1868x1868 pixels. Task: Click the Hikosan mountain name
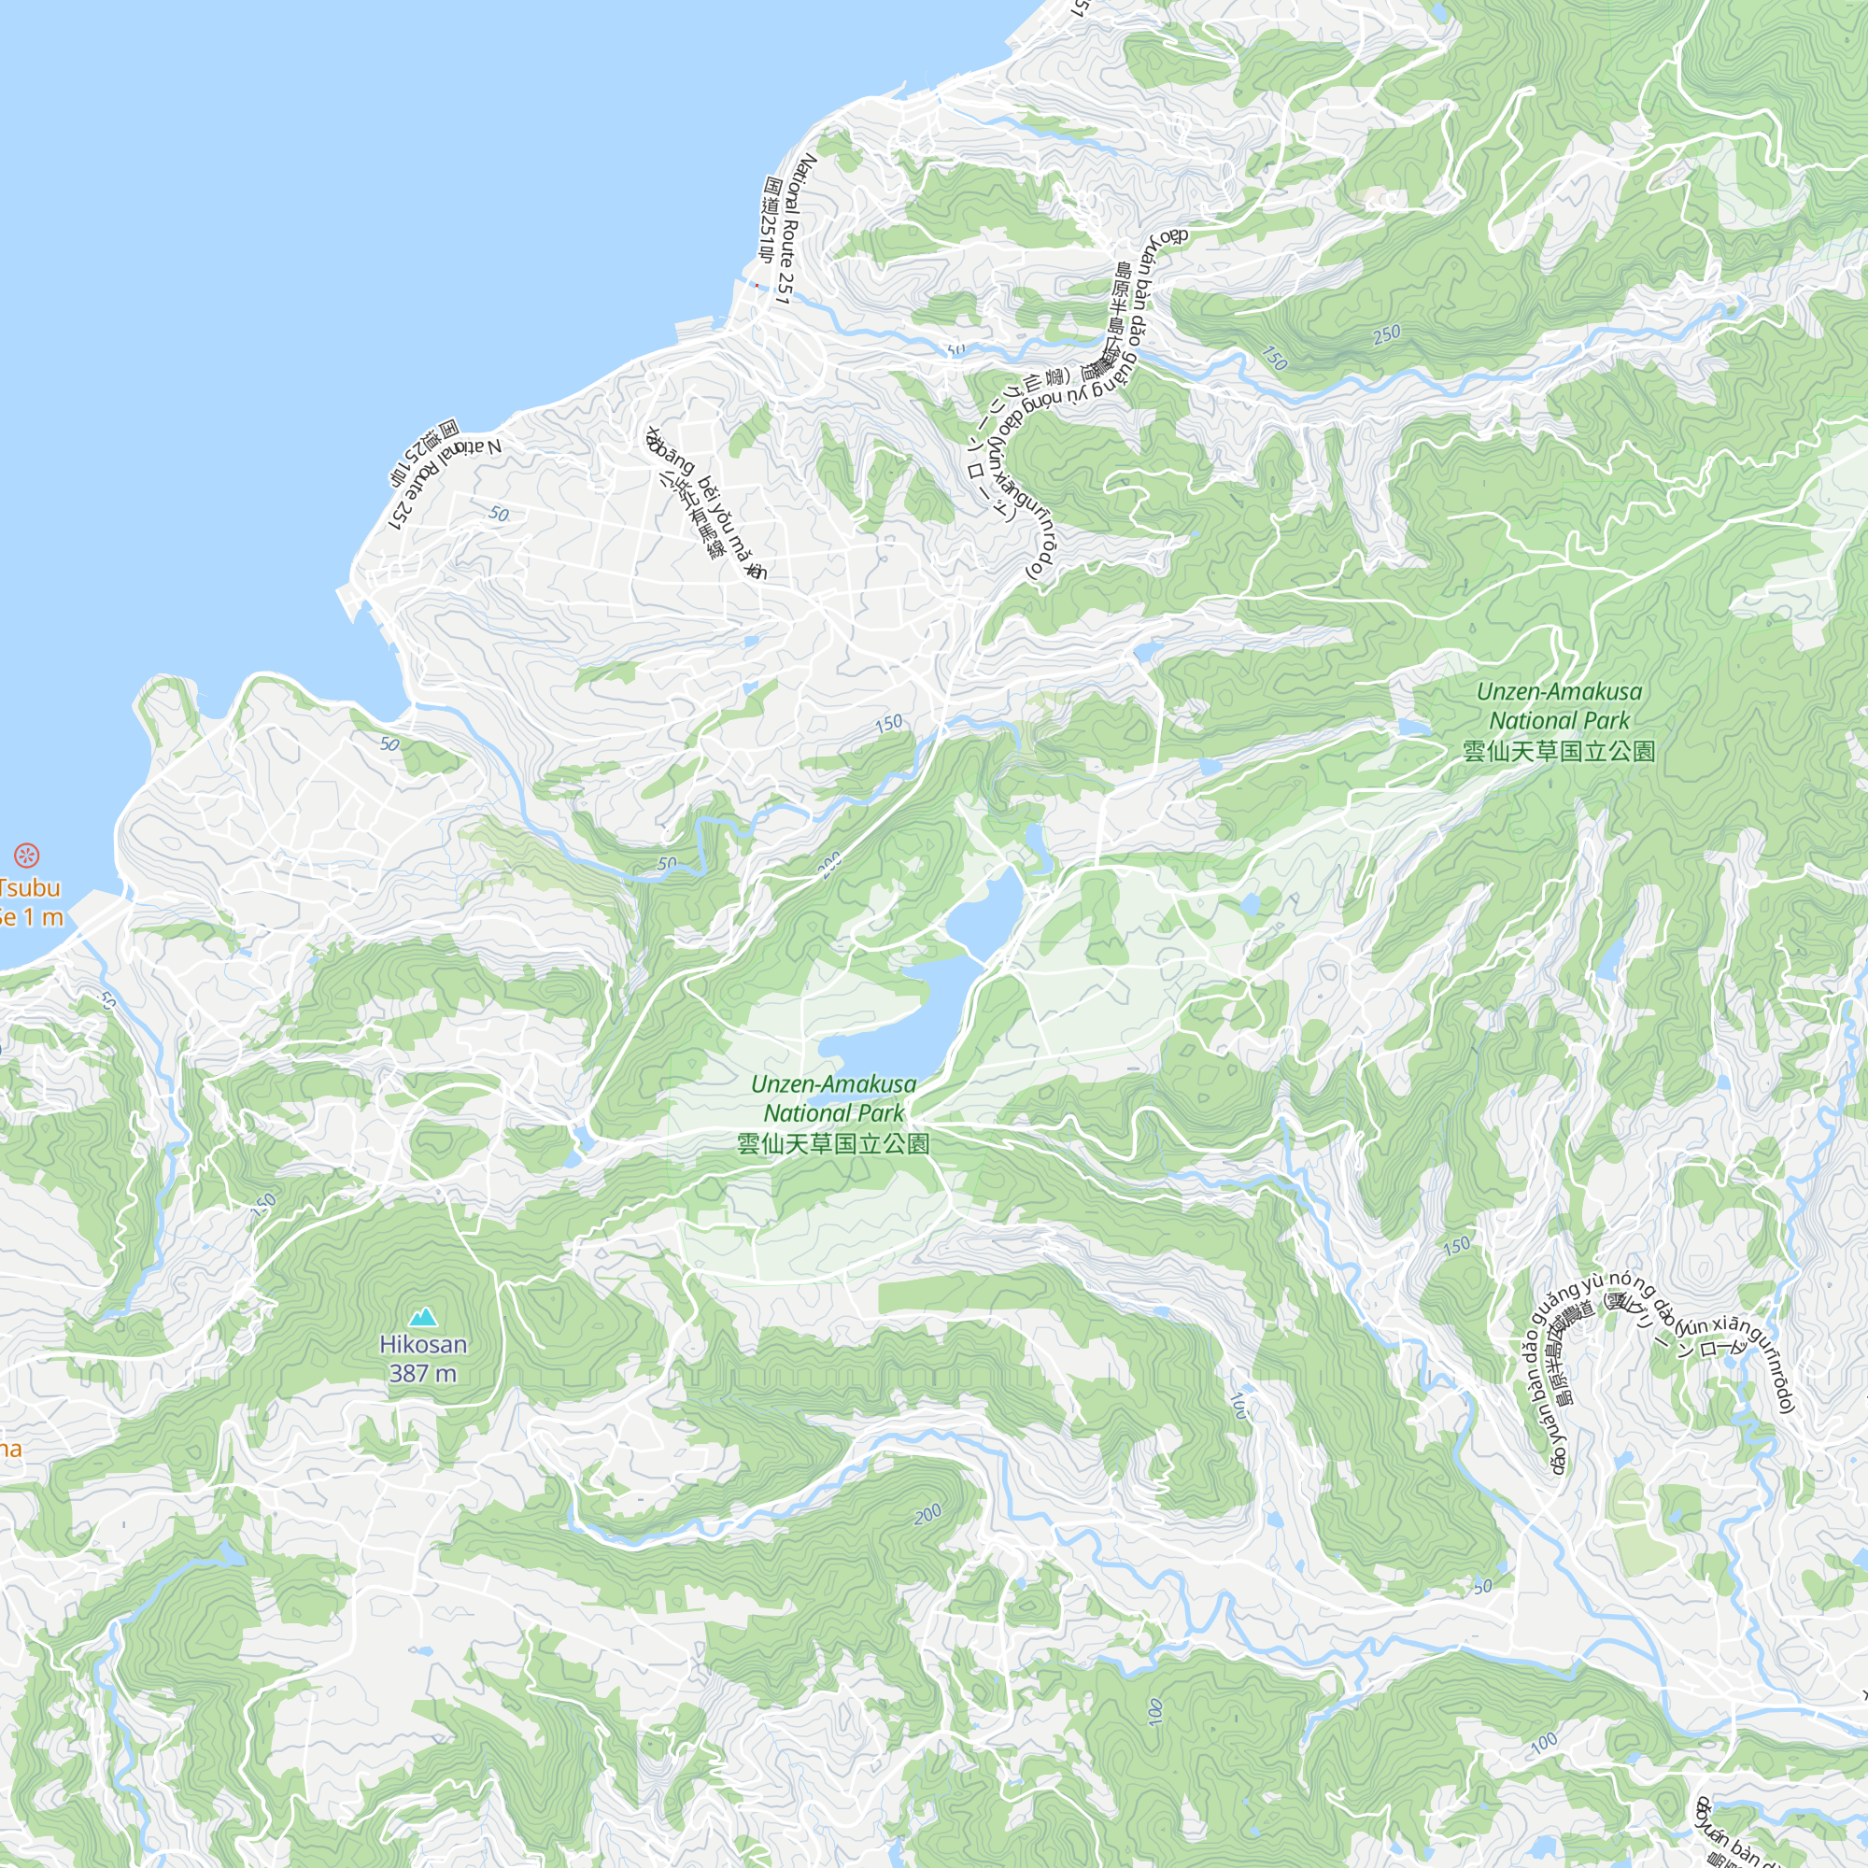tap(422, 1344)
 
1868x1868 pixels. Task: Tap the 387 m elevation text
tap(422, 1373)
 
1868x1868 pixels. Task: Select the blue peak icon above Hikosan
tap(422, 1317)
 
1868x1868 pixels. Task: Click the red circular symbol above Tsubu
tap(26, 855)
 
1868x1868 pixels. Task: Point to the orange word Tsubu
tap(31, 887)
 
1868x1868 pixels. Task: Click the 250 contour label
tap(1386, 334)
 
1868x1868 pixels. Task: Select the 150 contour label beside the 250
tap(1274, 359)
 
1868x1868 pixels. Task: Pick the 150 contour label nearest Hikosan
tap(263, 1205)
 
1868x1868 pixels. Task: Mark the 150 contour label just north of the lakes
tap(887, 723)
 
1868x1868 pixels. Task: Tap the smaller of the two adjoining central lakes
tap(984, 909)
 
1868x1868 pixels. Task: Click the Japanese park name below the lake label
tap(832, 1145)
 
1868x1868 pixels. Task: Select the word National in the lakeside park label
tap(801, 1114)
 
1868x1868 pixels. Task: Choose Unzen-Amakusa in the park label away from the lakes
tap(1559, 691)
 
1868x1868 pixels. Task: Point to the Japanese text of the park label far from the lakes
tap(1559, 751)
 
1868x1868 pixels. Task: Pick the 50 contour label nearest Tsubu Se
tap(106, 1000)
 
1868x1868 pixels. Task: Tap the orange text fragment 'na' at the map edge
tap(9, 1450)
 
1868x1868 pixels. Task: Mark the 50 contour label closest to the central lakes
tap(667, 863)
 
